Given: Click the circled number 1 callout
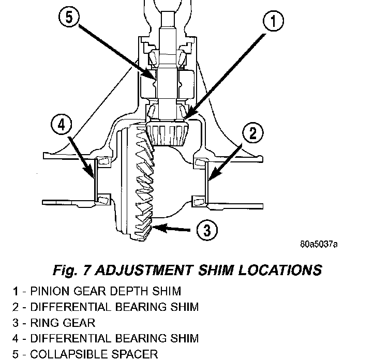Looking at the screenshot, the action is [x=273, y=21].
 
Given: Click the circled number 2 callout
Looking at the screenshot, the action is [x=253, y=133].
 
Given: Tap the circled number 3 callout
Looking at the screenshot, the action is [x=207, y=230].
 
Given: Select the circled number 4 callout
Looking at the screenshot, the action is [x=61, y=125].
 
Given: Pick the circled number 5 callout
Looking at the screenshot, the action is [x=69, y=18].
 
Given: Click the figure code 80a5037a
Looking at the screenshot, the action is [x=319, y=244].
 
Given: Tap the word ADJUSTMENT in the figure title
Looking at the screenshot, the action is [x=144, y=270].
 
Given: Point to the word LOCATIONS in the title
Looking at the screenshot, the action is [x=280, y=270].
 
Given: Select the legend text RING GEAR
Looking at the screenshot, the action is [x=63, y=323].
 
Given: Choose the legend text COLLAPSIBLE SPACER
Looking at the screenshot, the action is [x=94, y=354].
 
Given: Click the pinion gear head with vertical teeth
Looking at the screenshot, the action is [x=168, y=133].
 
